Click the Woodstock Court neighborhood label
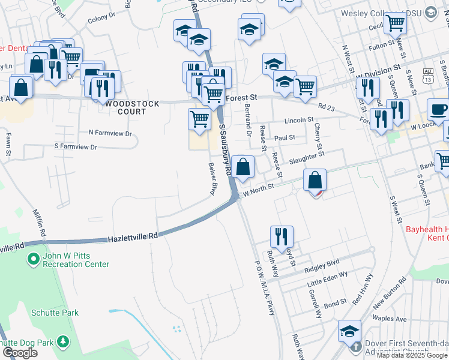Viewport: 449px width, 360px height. click(132, 107)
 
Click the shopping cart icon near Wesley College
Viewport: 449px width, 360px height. click(395, 23)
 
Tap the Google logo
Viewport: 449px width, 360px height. click(20, 353)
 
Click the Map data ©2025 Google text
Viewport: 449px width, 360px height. click(412, 355)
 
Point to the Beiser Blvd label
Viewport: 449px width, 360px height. click(211, 179)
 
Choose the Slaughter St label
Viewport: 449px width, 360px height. click(306, 157)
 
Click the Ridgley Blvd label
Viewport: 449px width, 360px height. click(322, 263)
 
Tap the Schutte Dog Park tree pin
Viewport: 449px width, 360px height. click(62, 342)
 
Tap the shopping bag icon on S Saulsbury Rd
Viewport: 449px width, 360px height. click(243, 167)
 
